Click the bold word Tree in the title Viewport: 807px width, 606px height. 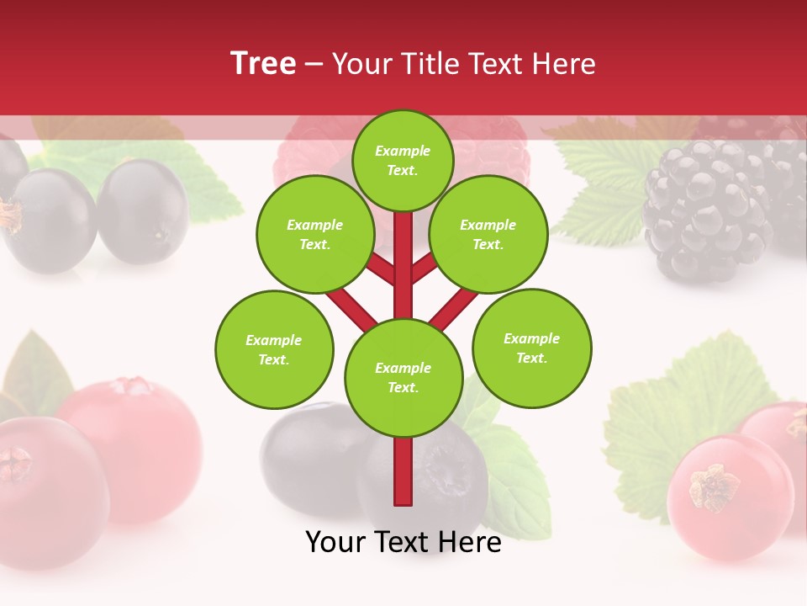[263, 63]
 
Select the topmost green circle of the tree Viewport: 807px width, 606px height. [403, 160]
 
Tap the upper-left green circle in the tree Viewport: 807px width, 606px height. [315, 235]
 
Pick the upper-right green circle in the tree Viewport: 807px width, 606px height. [488, 235]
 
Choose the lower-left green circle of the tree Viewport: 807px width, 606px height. [274, 349]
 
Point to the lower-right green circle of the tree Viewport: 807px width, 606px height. [532, 348]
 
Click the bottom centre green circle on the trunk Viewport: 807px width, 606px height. [403, 378]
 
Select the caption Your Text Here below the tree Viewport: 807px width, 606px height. [403, 543]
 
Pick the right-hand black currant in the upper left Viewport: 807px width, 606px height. [143, 210]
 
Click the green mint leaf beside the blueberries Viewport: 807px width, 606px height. [513, 471]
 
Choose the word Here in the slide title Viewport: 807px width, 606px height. [564, 63]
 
